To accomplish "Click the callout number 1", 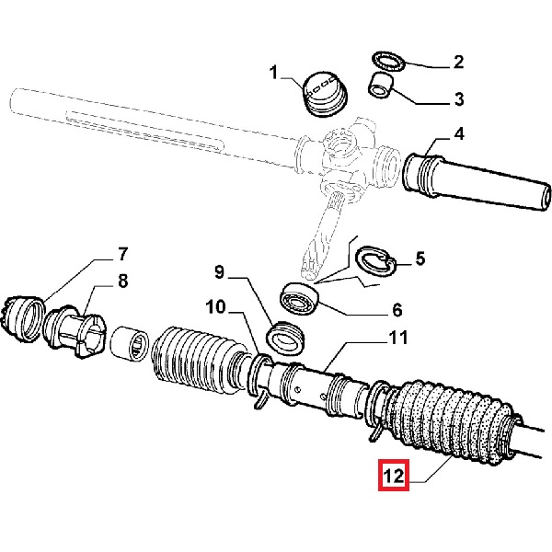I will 273,71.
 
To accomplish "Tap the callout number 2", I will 457,63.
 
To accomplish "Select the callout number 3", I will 457,98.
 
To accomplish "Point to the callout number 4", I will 457,134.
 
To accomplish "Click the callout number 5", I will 420,259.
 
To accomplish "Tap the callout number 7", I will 121,254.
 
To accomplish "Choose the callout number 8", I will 121,281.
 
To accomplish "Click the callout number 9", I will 219,271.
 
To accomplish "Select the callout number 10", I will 213,306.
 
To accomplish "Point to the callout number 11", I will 397,338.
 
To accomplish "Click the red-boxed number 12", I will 393,477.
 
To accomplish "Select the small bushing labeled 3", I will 380,86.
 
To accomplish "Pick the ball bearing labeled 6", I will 300,302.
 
